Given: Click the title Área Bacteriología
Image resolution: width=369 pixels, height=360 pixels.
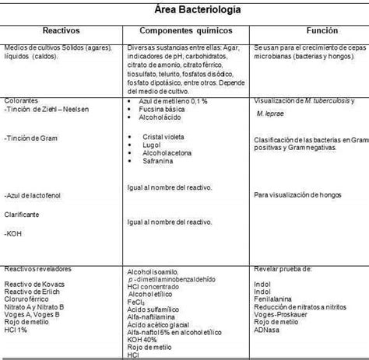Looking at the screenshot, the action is pyautogui.click(x=184, y=11).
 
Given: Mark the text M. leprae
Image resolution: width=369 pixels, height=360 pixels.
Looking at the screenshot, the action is pyautogui.click(x=270, y=113).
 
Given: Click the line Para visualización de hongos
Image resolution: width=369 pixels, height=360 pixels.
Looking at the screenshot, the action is pyautogui.click(x=299, y=194).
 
